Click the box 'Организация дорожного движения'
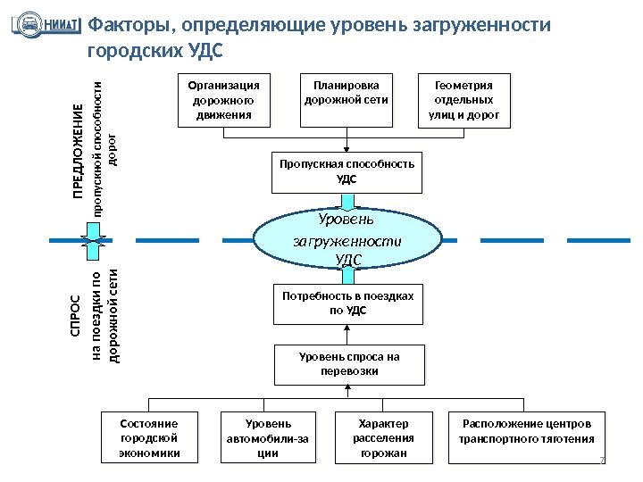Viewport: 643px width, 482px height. pyautogui.click(x=224, y=101)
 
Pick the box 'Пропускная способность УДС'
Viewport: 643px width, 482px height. pyautogui.click(x=347, y=172)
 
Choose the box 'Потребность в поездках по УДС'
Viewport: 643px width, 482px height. pyautogui.click(x=347, y=303)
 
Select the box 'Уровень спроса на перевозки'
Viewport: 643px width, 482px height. pyautogui.click(x=349, y=364)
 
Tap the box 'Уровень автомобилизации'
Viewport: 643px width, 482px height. pyautogui.click(x=268, y=437)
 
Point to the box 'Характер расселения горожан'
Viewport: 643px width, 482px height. pyautogui.click(x=384, y=437)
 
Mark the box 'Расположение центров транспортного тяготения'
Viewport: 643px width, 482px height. pyautogui.click(x=526, y=437)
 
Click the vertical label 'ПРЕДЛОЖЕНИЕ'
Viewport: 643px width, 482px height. pyautogui.click(x=78, y=161)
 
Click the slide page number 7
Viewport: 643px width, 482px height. pyautogui.click(x=602, y=461)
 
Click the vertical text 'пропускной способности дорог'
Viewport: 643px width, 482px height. pyautogui.click(x=104, y=147)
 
